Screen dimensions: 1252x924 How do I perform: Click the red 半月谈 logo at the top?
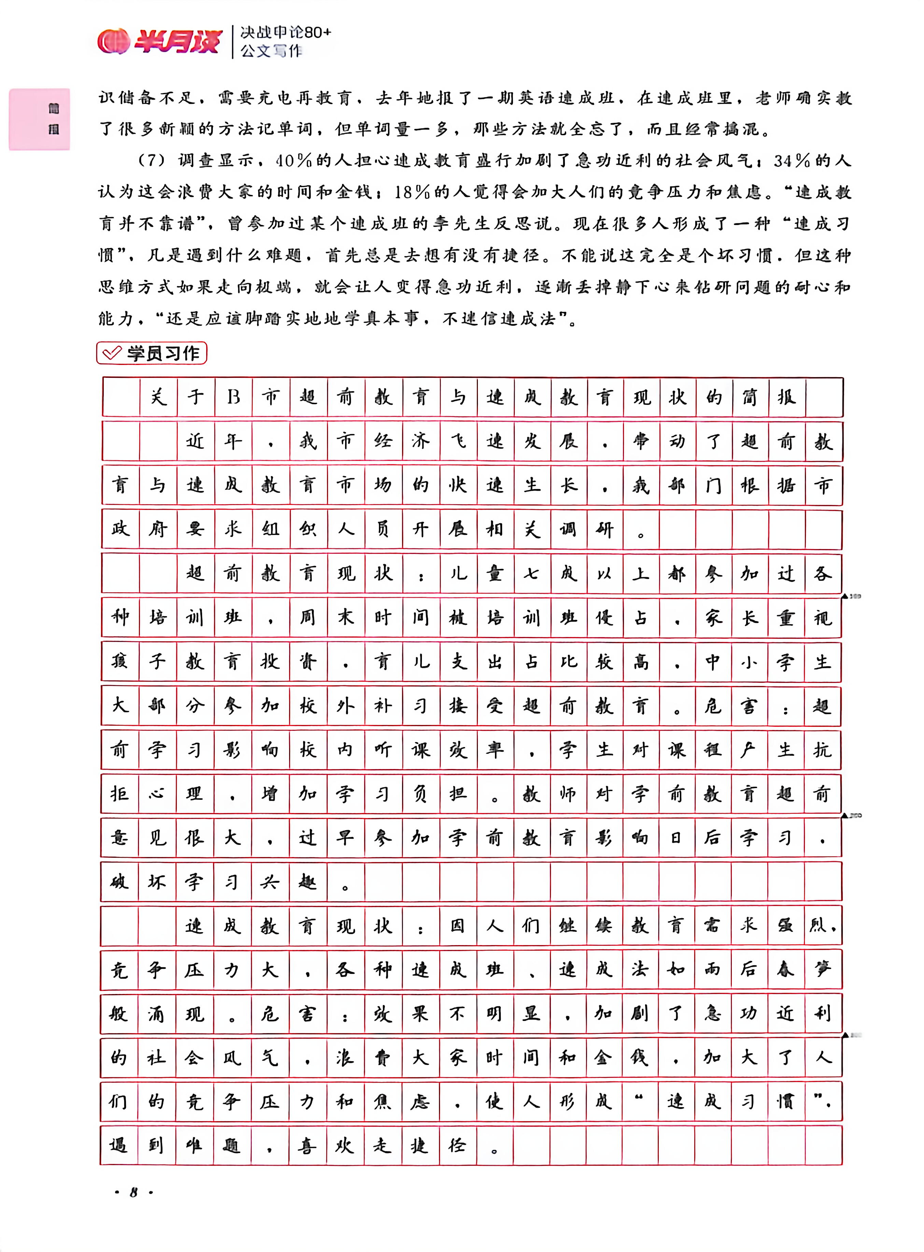coord(159,41)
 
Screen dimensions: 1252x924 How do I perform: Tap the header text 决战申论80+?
coord(286,32)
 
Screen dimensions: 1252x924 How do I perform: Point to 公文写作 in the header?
coord(271,52)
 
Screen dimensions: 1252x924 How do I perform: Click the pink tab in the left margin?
coord(39,119)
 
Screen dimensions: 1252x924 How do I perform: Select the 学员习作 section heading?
coord(162,353)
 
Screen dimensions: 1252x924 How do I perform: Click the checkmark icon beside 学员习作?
coord(112,353)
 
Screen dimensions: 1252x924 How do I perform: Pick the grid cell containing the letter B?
coord(233,397)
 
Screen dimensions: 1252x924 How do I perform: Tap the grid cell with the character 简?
coord(750,397)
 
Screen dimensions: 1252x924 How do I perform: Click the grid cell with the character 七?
coord(531,573)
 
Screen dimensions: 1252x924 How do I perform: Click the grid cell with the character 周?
coord(308,617)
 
